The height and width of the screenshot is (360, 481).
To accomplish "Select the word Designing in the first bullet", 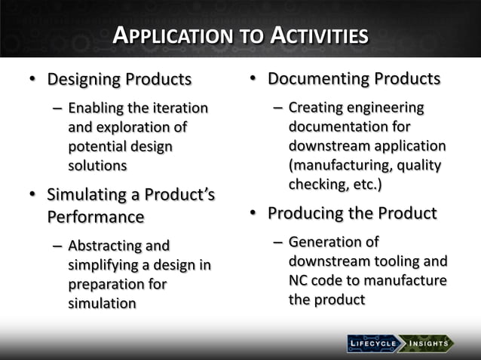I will coord(83,79).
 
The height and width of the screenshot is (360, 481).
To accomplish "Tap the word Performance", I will coord(96,217).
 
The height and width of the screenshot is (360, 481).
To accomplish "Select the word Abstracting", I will coord(106,246).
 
